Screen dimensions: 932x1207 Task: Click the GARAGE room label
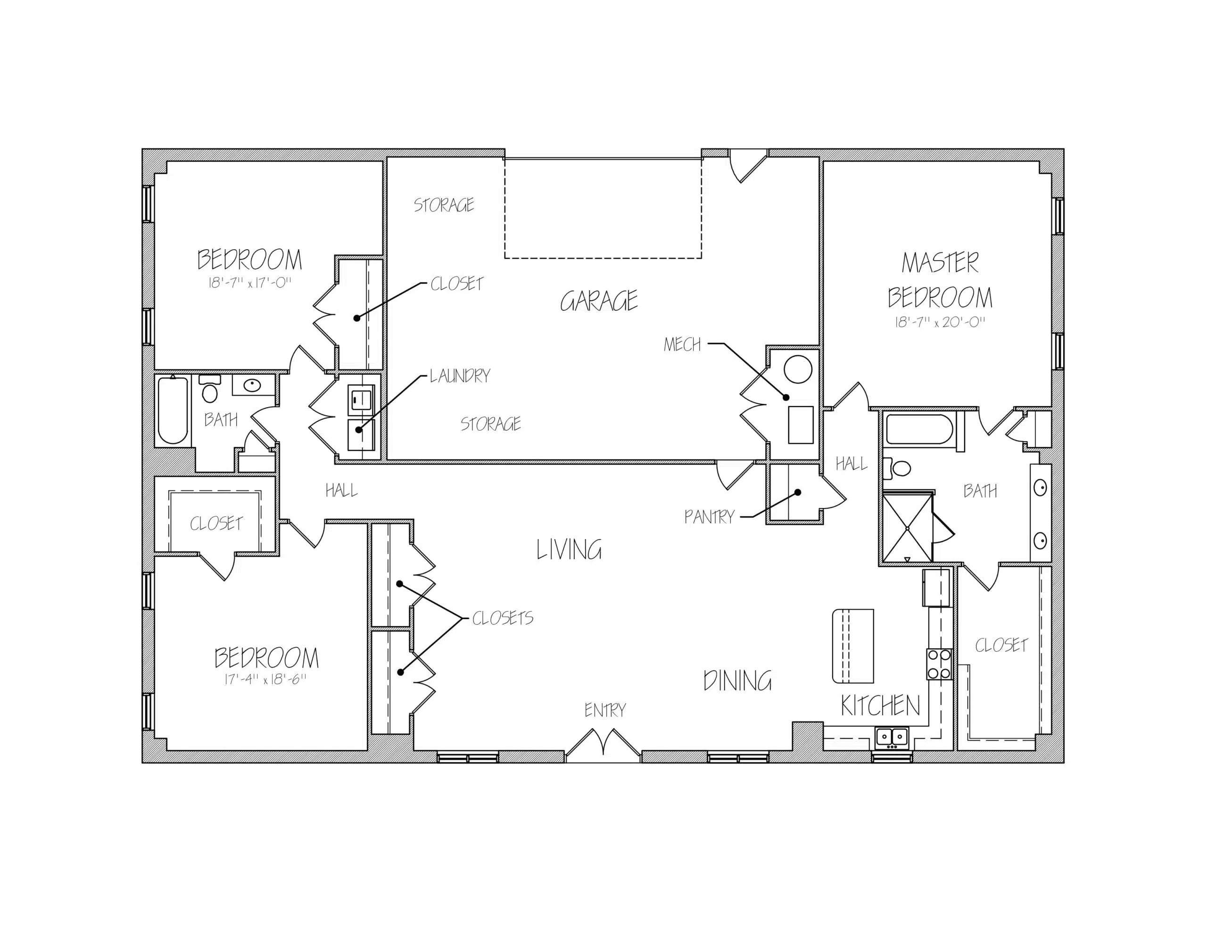pyautogui.click(x=599, y=301)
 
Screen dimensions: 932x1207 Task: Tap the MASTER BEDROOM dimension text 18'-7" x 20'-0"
pyautogui.click(x=940, y=322)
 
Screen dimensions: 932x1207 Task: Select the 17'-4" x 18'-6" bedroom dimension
pyautogui.click(x=265, y=679)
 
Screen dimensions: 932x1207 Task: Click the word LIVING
pyautogui.click(x=569, y=550)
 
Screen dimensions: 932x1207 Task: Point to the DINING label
pyautogui.click(x=737, y=681)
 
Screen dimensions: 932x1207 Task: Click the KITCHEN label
pyautogui.click(x=880, y=705)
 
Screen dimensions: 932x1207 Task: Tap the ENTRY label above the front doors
pyautogui.click(x=605, y=710)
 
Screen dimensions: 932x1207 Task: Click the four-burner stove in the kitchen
pyautogui.click(x=939, y=664)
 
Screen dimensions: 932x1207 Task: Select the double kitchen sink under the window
pyautogui.click(x=892, y=737)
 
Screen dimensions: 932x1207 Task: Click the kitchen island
pyautogui.click(x=853, y=646)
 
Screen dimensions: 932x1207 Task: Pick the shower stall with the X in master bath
pyautogui.click(x=908, y=528)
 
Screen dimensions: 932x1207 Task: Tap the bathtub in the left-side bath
pyautogui.click(x=173, y=409)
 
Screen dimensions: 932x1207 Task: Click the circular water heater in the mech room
pyautogui.click(x=797, y=369)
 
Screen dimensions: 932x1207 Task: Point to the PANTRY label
pyautogui.click(x=709, y=517)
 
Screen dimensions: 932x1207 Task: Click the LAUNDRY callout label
pyautogui.click(x=460, y=376)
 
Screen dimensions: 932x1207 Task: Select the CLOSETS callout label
pyautogui.click(x=502, y=618)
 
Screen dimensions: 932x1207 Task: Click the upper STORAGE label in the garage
pyautogui.click(x=444, y=205)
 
